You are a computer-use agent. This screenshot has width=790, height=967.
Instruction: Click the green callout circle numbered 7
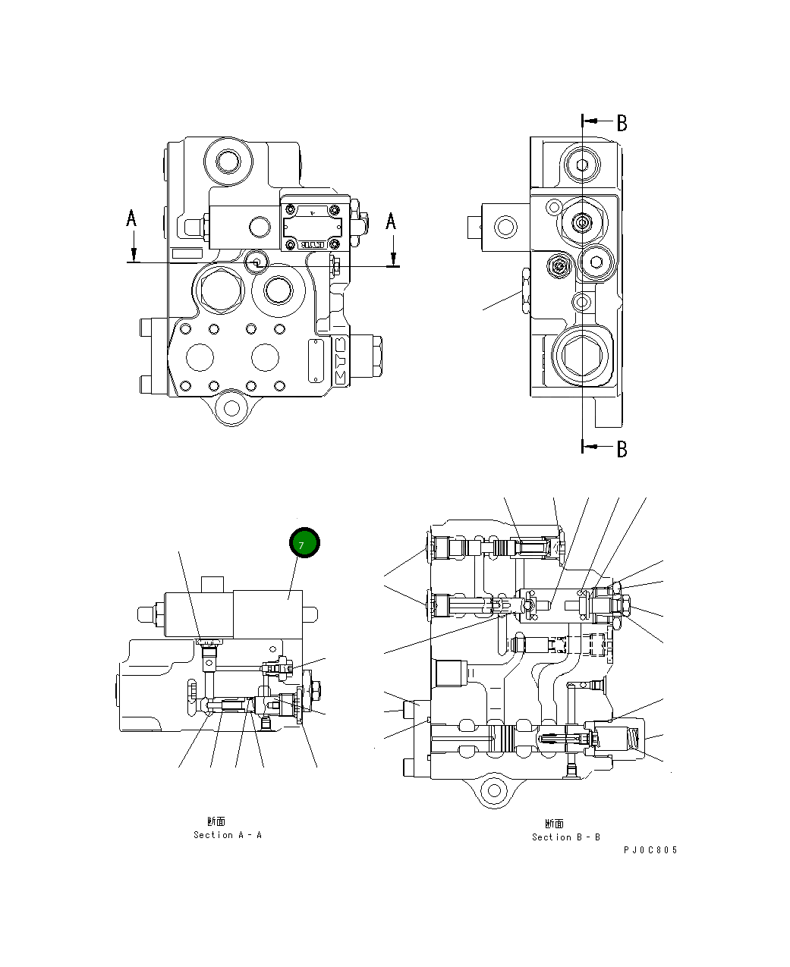click(x=305, y=544)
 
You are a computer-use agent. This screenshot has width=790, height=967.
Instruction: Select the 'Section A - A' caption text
click(x=227, y=835)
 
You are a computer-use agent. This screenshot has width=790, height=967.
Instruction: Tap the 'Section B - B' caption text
click(x=565, y=837)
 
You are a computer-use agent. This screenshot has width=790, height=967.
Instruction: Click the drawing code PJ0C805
click(x=650, y=850)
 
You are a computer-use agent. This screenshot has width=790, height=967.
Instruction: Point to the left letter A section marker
click(x=131, y=218)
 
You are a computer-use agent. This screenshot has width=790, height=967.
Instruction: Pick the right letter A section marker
click(x=391, y=221)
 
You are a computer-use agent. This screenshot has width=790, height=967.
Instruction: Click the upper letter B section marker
click(x=622, y=123)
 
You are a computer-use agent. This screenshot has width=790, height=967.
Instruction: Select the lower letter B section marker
click(x=622, y=449)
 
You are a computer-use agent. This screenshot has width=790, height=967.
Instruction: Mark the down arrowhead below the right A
click(x=393, y=257)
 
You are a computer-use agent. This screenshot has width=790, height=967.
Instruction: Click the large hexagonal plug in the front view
click(x=220, y=288)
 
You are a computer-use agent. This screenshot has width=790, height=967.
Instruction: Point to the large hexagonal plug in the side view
click(x=581, y=356)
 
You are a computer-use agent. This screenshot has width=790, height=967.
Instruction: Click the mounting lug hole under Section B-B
click(x=495, y=791)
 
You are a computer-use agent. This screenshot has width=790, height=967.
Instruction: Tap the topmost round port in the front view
click(x=228, y=161)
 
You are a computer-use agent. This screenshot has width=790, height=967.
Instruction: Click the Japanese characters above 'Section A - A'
click(x=216, y=821)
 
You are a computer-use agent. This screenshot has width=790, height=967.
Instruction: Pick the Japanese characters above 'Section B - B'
click(x=554, y=824)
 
